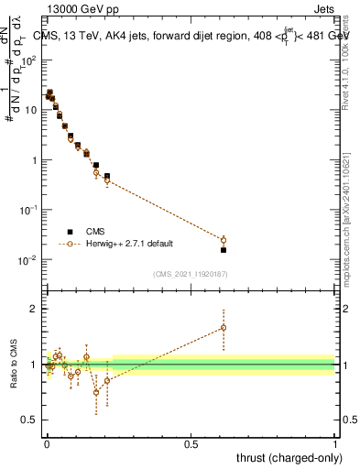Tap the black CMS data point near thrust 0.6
pyautogui.click(x=224, y=249)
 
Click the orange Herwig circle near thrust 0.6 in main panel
pyautogui.click(x=224, y=240)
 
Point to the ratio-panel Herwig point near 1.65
pyautogui.click(x=224, y=327)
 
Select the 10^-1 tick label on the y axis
pyautogui.click(x=29, y=210)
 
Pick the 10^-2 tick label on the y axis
pyautogui.click(x=29, y=260)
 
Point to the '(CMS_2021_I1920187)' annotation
pyautogui.click(x=191, y=274)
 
